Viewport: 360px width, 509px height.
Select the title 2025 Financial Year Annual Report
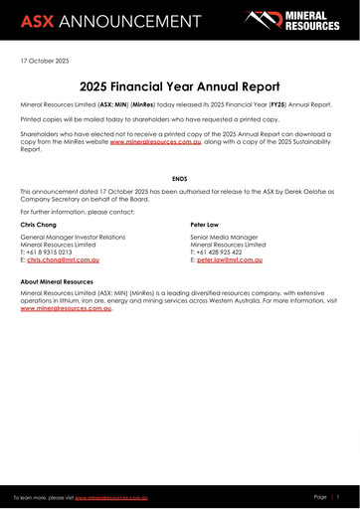pos(179,85)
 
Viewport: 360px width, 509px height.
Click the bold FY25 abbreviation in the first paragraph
pos(271,104)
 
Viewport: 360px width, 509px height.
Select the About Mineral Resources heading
pos(65,283)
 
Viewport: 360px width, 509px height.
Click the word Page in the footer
pos(320,495)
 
